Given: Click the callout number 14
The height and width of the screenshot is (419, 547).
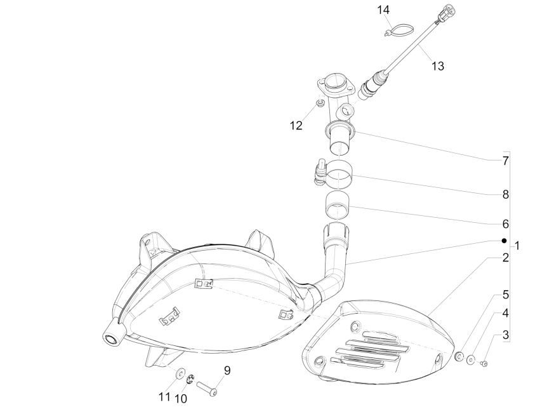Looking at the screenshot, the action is coord(383,10).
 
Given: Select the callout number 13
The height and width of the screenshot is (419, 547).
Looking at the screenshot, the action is coord(438,65).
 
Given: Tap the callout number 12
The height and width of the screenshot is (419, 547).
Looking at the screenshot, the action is coord(296,126).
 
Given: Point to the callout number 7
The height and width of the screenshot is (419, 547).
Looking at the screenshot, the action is coord(506,161).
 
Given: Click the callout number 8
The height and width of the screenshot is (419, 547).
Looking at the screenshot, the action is coord(506,195).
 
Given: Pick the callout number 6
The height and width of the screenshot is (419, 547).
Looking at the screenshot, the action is coord(506,224).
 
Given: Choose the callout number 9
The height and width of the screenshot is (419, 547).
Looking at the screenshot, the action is coord(227,370).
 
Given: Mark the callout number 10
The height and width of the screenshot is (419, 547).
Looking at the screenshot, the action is coord(181,399).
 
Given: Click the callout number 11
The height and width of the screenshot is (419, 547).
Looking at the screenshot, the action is coord(164,397).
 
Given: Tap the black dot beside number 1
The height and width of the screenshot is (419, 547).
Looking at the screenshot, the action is coord(504,241).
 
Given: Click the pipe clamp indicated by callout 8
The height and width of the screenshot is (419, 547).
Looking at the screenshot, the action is coord(334,171).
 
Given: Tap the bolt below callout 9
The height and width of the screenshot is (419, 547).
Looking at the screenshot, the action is coord(208,389).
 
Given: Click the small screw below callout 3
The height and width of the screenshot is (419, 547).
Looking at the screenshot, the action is coord(484,364).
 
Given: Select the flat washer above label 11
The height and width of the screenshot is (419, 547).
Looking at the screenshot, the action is coord(181,373).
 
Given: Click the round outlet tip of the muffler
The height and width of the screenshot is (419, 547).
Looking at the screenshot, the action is coord(111,338).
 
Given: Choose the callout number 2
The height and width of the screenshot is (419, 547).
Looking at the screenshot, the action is coord(506,258).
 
